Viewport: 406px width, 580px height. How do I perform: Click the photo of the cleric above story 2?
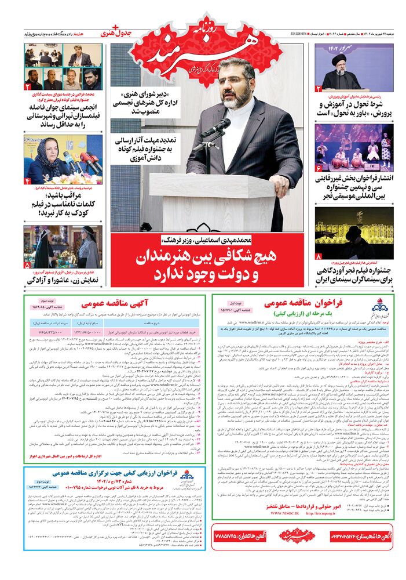point(354,67)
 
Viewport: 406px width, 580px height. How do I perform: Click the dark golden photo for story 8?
point(354,232)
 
